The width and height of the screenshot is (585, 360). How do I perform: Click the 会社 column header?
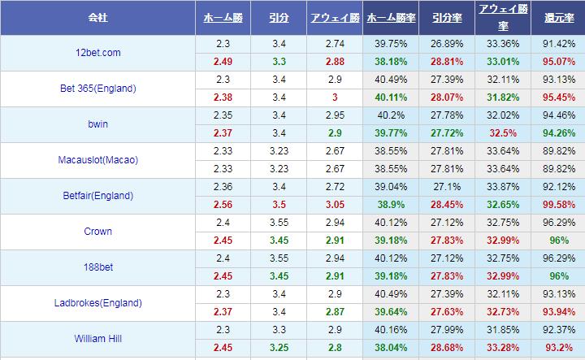coord(97,17)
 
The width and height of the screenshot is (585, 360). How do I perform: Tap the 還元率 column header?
coord(557,17)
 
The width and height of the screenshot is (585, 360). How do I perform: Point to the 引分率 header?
coord(447,17)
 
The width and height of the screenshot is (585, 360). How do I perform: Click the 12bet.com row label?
coord(97,53)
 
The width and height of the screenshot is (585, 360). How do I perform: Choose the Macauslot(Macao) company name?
coord(97,160)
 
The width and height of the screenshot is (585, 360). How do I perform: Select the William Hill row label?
coord(97,339)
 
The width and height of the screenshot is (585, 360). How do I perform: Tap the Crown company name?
coord(97,232)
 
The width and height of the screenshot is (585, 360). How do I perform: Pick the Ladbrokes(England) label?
coord(97,303)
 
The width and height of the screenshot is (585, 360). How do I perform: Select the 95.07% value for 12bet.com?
coord(557,62)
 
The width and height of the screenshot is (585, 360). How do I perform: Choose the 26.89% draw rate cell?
coord(447,44)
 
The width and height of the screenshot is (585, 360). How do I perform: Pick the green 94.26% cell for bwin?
coord(557,133)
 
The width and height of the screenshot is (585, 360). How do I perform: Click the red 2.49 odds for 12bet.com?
coord(223,62)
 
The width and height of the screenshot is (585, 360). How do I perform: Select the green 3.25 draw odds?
coord(278,348)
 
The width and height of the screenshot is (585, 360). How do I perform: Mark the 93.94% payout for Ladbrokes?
coord(557,312)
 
